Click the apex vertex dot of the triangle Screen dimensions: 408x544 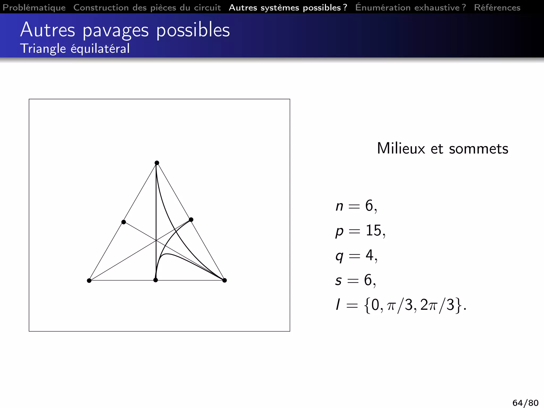pos(157,163)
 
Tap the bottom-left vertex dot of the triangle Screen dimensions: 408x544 pos(89,280)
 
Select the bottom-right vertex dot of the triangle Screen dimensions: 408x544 pos(224,280)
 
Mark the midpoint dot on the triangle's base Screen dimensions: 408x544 pos(156,280)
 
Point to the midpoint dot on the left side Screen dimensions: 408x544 pos(124,222)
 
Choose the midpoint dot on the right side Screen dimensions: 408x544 pos(191,220)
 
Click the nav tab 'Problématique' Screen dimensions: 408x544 pos(34,7)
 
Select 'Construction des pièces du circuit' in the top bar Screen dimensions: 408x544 pos(147,7)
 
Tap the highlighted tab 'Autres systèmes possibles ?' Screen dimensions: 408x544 pos(288,7)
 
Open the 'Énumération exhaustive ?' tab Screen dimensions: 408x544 pos(410,7)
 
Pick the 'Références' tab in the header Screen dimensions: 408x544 pos(497,7)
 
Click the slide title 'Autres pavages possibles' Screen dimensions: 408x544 pos(125,30)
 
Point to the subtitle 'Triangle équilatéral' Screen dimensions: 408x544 pos(75,49)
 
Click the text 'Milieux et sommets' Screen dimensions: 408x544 pos(443,148)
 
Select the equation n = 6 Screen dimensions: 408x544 pos(356,206)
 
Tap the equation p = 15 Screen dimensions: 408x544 pos(360,231)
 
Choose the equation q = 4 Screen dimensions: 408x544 pos(356,256)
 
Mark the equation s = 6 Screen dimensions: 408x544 pos(356,280)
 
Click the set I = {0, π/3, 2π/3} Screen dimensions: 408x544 pos(401,305)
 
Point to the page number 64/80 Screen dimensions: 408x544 pos(525,403)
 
